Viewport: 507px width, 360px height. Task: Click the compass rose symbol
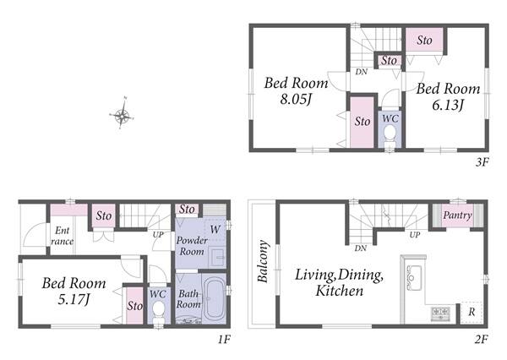(x=122, y=114)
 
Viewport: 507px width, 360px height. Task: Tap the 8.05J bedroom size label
(x=296, y=99)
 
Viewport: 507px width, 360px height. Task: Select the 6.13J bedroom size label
(x=448, y=105)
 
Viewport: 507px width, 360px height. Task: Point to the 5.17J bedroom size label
(x=74, y=299)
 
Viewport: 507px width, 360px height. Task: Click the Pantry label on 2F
(x=457, y=215)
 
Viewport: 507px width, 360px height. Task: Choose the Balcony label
(x=263, y=261)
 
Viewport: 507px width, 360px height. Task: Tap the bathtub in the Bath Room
(x=215, y=298)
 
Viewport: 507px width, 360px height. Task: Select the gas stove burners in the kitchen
(x=440, y=313)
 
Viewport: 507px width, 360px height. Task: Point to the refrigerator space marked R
(x=472, y=312)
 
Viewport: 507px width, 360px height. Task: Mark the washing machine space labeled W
(x=215, y=230)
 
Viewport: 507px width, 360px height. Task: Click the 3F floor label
(x=482, y=161)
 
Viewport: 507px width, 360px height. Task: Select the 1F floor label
(x=224, y=340)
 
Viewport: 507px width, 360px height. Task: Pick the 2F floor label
(x=481, y=340)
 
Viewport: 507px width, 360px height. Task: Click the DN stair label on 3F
(x=361, y=72)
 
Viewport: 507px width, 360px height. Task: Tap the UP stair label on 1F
(x=158, y=234)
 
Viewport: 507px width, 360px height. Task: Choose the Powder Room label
(x=192, y=246)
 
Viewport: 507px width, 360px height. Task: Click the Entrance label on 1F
(x=62, y=236)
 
